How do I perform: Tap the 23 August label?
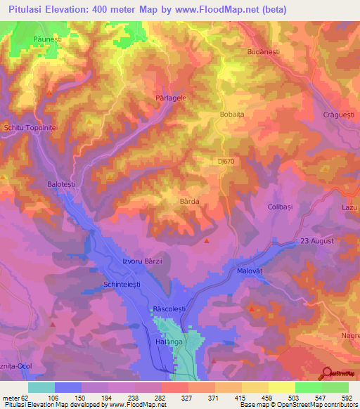(316, 242)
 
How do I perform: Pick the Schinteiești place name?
(115, 285)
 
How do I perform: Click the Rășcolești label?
(168, 309)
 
